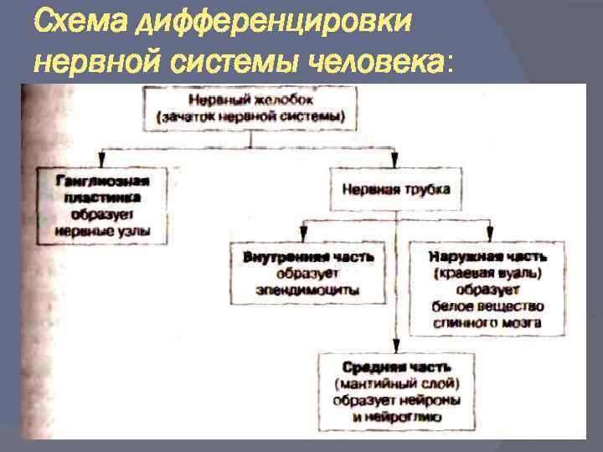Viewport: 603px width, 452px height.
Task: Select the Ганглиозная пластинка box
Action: pyautogui.click(x=103, y=206)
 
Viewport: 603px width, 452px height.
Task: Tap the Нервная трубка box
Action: pyautogui.click(x=396, y=189)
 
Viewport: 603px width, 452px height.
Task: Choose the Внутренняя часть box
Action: pyautogui.click(x=307, y=272)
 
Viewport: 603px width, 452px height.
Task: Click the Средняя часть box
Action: pyautogui.click(x=397, y=392)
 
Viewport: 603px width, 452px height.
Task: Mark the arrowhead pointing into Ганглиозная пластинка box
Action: pyautogui.click(x=103, y=161)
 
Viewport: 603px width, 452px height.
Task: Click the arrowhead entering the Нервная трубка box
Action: pyautogui.click(x=395, y=161)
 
